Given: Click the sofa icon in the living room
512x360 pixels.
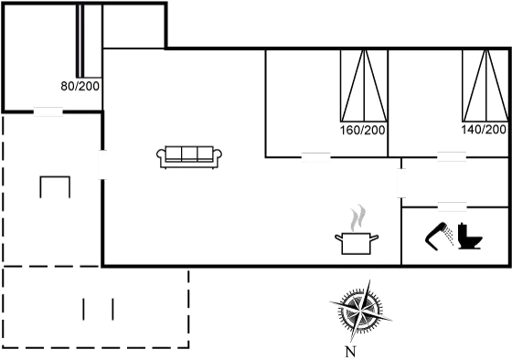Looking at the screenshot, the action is (x=191, y=155).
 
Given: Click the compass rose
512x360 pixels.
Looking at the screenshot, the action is (x=363, y=311).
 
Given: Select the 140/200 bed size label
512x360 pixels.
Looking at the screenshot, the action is (x=485, y=131).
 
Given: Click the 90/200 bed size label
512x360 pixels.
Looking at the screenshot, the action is (x=80, y=86).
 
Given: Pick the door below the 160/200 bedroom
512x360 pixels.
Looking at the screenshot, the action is (x=315, y=157).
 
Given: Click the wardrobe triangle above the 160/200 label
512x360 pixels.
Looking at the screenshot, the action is (x=363, y=87).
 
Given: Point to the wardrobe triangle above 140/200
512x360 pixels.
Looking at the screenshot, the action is (x=485, y=87).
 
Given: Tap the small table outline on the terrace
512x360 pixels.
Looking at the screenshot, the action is (x=55, y=187).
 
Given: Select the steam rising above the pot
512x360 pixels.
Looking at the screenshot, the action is (x=357, y=217).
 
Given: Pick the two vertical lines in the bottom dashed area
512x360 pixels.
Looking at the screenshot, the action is (x=98, y=308).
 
